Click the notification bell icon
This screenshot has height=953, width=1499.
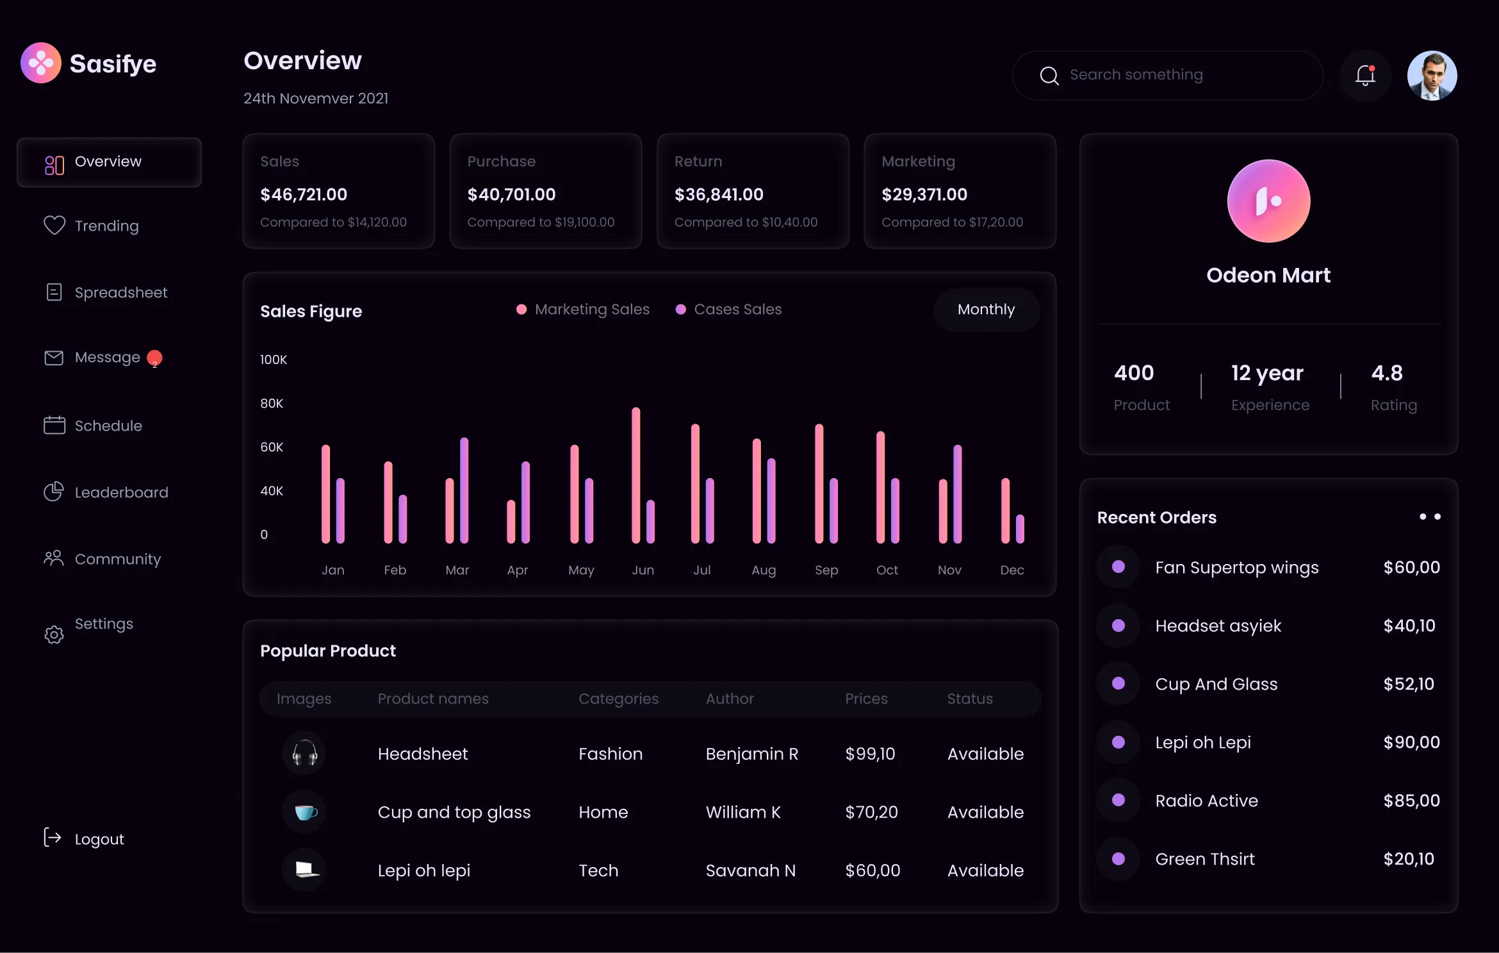pos(1365,76)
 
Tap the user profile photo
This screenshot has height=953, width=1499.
pos(1432,76)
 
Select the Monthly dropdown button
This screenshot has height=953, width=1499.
pos(986,310)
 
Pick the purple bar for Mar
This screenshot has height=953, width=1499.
pos(464,490)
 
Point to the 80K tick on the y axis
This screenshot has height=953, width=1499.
pos(272,403)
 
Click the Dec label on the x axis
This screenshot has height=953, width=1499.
pos(1012,570)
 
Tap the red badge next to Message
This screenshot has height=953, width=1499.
pos(154,358)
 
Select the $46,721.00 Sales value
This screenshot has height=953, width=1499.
pos(304,194)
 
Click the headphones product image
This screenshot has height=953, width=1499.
pos(304,753)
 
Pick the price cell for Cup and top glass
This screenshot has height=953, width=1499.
pos(871,812)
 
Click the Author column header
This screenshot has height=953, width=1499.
pos(730,699)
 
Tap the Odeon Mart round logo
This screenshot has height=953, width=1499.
pos(1268,201)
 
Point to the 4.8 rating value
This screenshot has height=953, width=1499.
pos(1386,373)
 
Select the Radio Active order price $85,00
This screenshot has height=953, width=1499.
pos(1411,800)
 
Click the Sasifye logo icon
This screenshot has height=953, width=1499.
pos(41,63)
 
